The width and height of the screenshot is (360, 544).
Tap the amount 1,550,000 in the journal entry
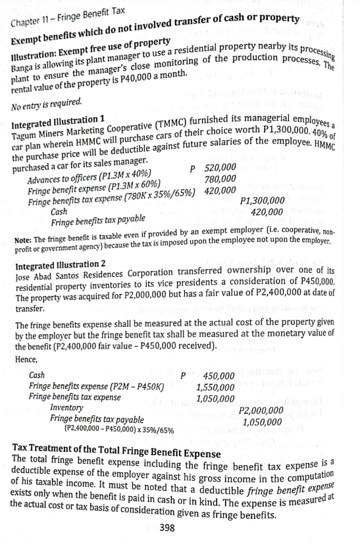click(216, 387)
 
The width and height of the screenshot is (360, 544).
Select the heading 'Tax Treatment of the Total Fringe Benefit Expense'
click(116, 453)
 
